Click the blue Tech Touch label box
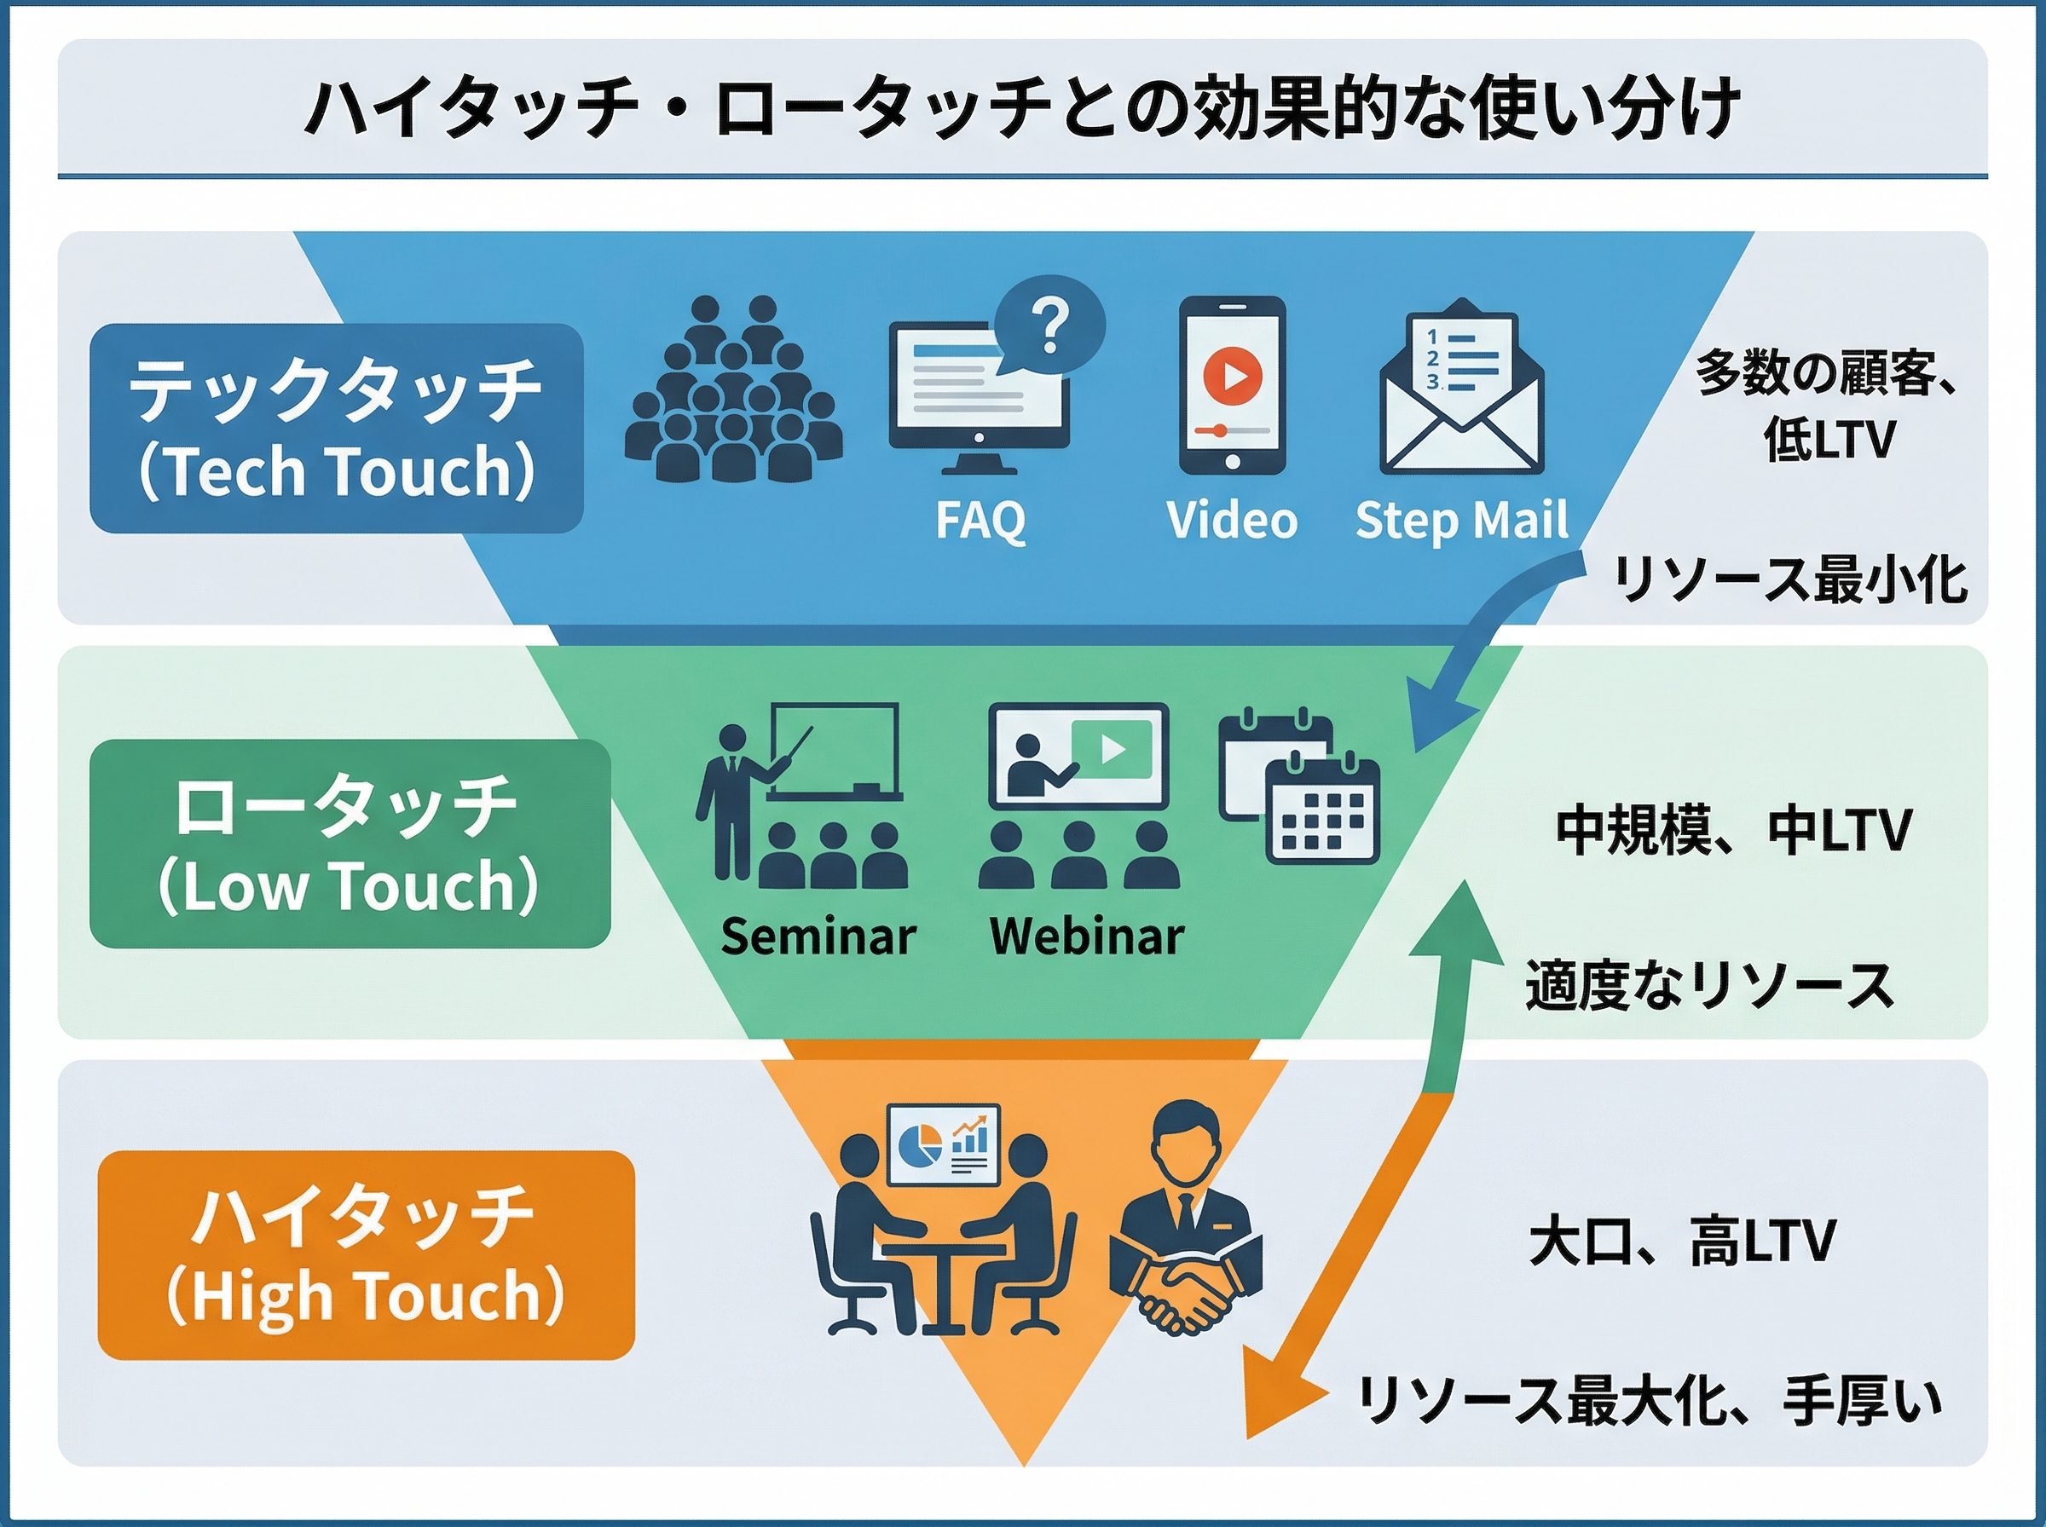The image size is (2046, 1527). click(336, 428)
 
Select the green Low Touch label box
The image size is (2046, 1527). click(350, 843)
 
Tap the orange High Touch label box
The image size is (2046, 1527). click(365, 1254)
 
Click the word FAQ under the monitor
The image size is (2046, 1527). click(980, 520)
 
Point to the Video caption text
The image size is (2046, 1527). click(1232, 520)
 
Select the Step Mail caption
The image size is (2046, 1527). click(1461, 520)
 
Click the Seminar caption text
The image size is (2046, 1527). click(818, 936)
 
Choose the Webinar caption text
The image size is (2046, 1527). click(1086, 936)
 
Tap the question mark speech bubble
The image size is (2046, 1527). click(1050, 326)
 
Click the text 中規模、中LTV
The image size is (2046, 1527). click(1732, 830)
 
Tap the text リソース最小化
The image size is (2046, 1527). click(1790, 580)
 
